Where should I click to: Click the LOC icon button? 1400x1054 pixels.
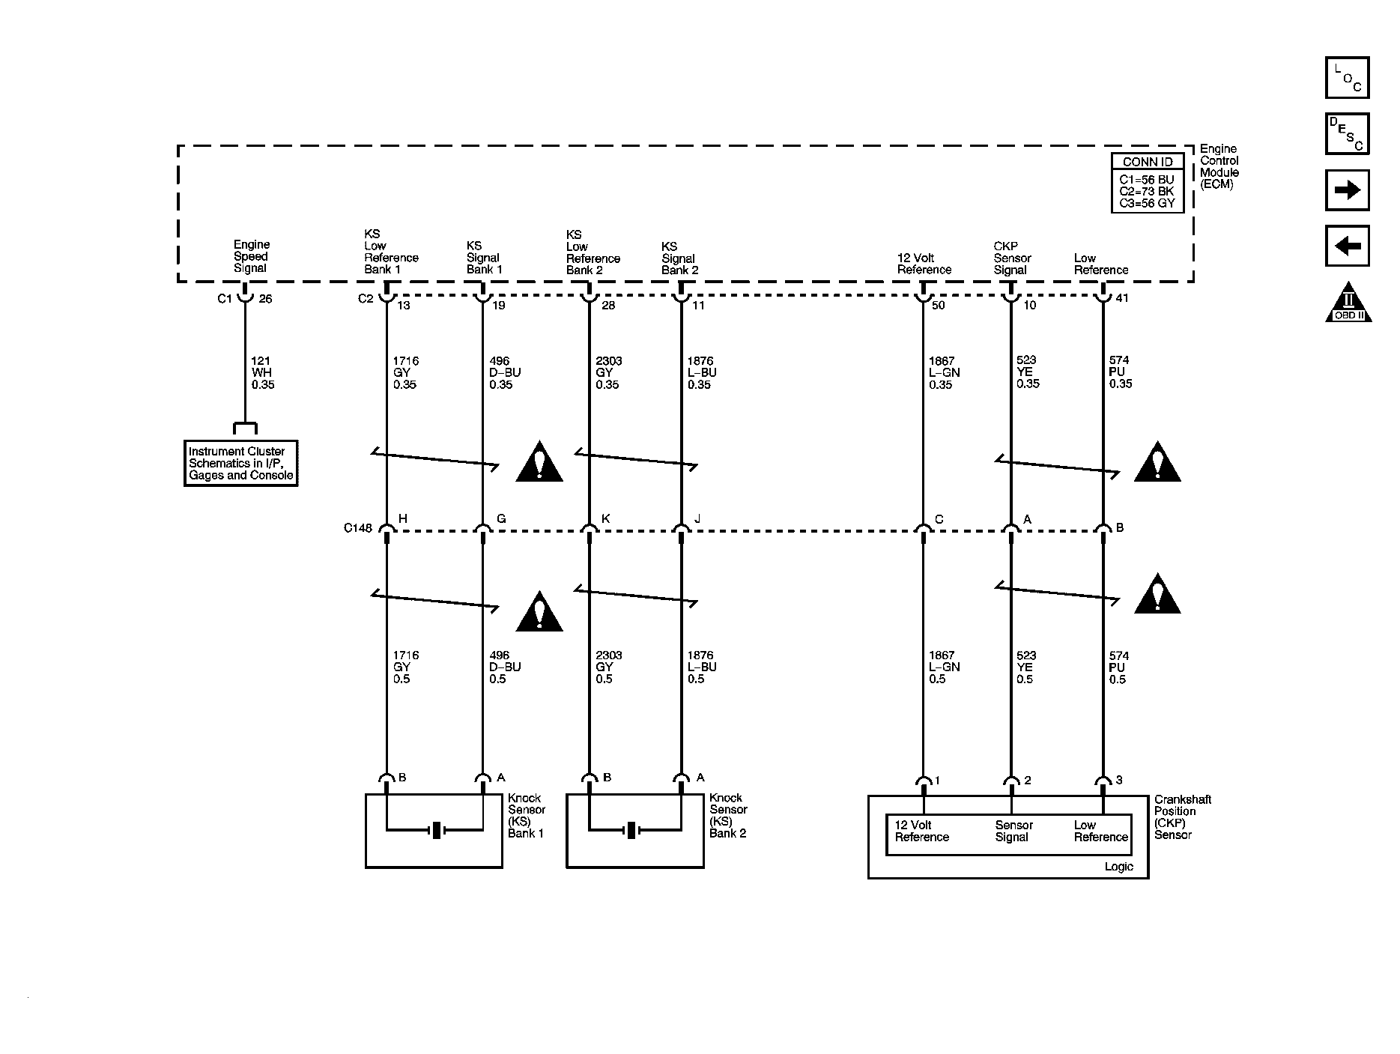1347,78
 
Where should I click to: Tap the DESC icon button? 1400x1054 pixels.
1347,134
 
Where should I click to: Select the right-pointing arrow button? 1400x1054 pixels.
1347,190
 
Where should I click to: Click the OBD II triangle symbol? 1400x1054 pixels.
1348,303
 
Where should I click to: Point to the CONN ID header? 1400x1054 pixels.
1147,162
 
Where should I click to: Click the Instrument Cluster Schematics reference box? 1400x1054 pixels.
240,463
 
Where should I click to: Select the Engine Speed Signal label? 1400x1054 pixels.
251,256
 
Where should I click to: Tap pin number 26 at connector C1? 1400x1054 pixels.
265,299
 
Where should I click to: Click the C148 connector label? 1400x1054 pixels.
357,528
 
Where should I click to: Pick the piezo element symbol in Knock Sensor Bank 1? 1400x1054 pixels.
434,830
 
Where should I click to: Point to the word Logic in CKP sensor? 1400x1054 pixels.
1118,867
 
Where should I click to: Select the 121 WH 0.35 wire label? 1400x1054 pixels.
262,372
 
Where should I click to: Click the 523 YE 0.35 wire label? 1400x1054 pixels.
1028,372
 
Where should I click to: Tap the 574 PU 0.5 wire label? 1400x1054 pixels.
1118,667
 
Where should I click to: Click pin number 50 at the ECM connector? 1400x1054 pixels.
938,306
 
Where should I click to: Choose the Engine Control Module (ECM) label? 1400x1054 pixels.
1219,166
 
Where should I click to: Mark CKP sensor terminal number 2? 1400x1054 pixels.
1028,781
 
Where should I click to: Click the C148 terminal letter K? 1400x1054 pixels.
605,519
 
